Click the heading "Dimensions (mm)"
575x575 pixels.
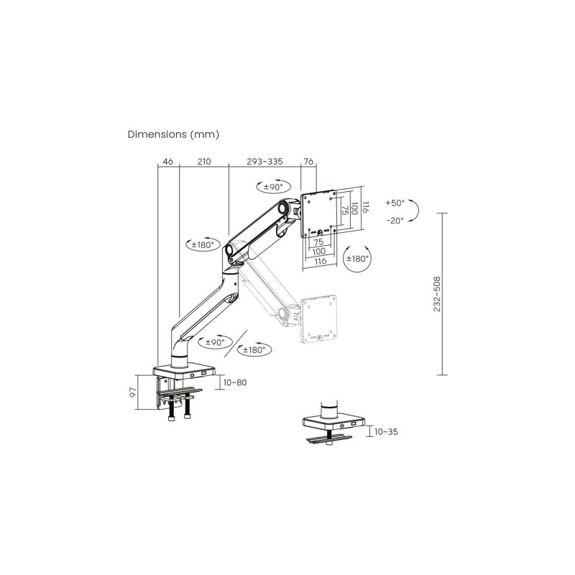173,134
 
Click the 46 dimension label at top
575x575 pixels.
168,161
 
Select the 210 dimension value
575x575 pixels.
204,161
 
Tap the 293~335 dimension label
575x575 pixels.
264,161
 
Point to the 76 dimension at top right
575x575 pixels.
309,161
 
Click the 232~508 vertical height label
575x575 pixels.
437,294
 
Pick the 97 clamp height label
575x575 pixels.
133,392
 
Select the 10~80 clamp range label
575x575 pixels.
235,382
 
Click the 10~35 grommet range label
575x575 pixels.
386,432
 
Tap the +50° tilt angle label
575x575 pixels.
395,203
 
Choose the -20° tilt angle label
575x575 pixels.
395,221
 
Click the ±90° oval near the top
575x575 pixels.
274,187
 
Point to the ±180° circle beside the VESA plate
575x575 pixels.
357,259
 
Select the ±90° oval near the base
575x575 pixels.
215,342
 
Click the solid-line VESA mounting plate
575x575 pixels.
318,213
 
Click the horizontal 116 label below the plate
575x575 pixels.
321,261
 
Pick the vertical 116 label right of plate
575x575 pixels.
365,206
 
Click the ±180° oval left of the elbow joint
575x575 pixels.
203,244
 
